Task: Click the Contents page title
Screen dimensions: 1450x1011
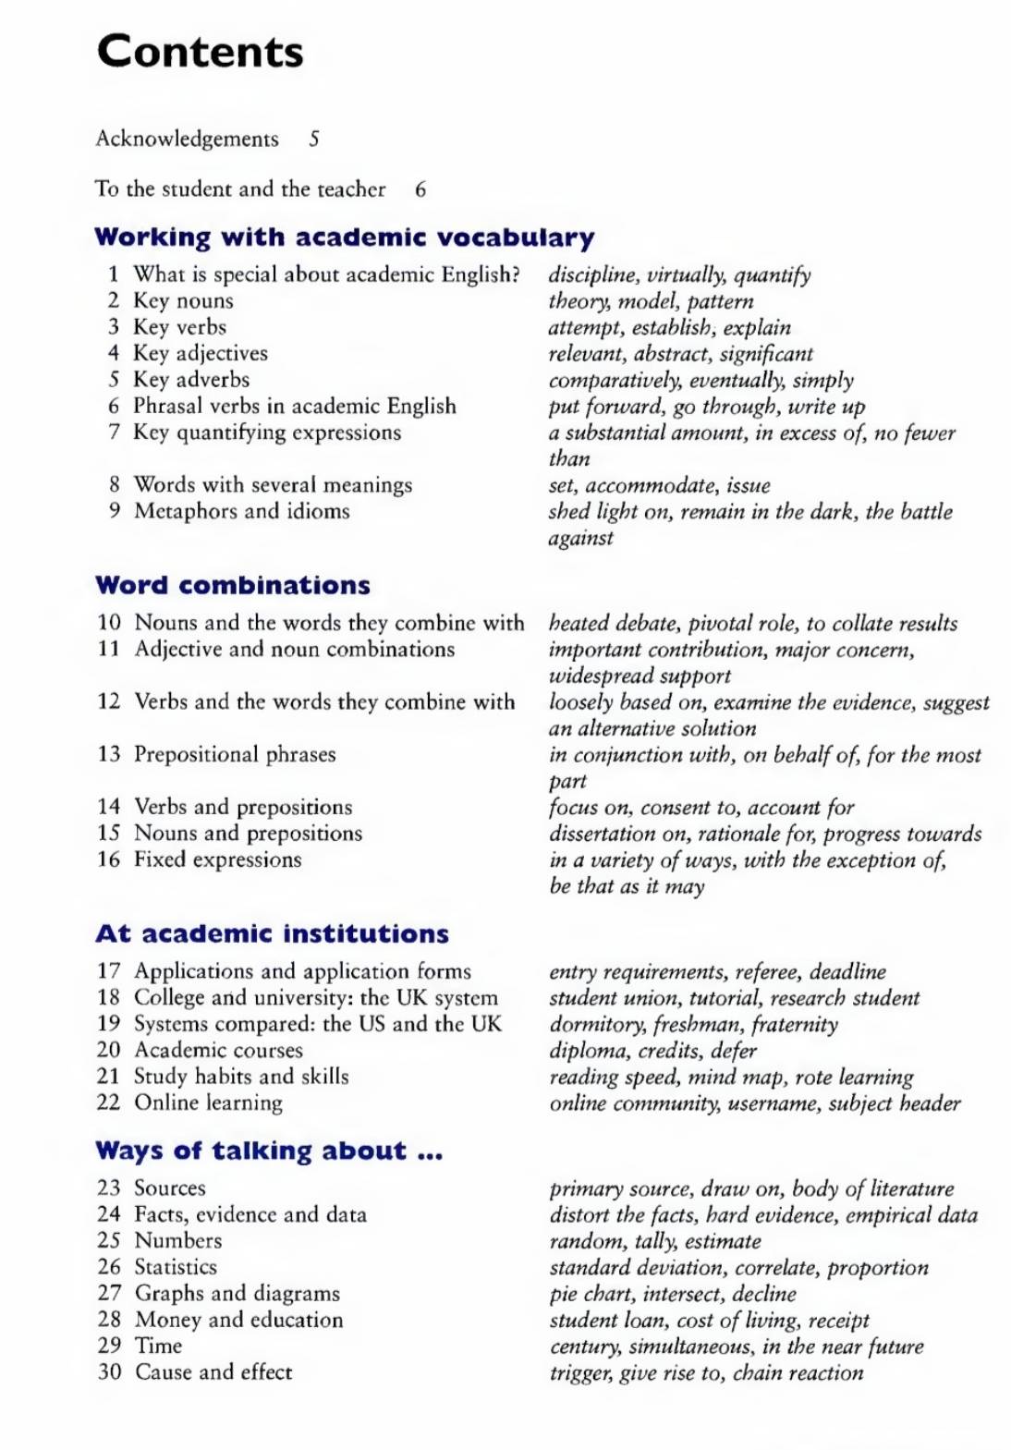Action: coord(200,52)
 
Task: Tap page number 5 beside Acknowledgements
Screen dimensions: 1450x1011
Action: coord(314,139)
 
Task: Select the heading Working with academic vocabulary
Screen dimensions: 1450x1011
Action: coord(344,238)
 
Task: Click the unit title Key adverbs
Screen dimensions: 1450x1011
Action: coord(191,379)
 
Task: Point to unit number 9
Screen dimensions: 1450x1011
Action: coord(114,510)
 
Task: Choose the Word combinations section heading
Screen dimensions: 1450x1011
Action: coord(232,585)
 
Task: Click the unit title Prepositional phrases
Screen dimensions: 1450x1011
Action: coord(235,754)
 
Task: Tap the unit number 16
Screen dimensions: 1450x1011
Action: coord(109,859)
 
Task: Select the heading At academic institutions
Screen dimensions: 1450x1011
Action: coord(272,933)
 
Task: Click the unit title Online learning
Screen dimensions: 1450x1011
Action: coord(209,1103)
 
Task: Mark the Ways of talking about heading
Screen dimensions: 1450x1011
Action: coord(269,1151)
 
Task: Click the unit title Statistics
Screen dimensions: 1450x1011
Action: coord(176,1267)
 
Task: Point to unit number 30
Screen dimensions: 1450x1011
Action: coord(109,1371)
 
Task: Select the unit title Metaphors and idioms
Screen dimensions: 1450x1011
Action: coord(242,511)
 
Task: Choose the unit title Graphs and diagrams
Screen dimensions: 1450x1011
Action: coord(238,1293)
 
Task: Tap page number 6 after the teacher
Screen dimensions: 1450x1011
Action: coord(420,189)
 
